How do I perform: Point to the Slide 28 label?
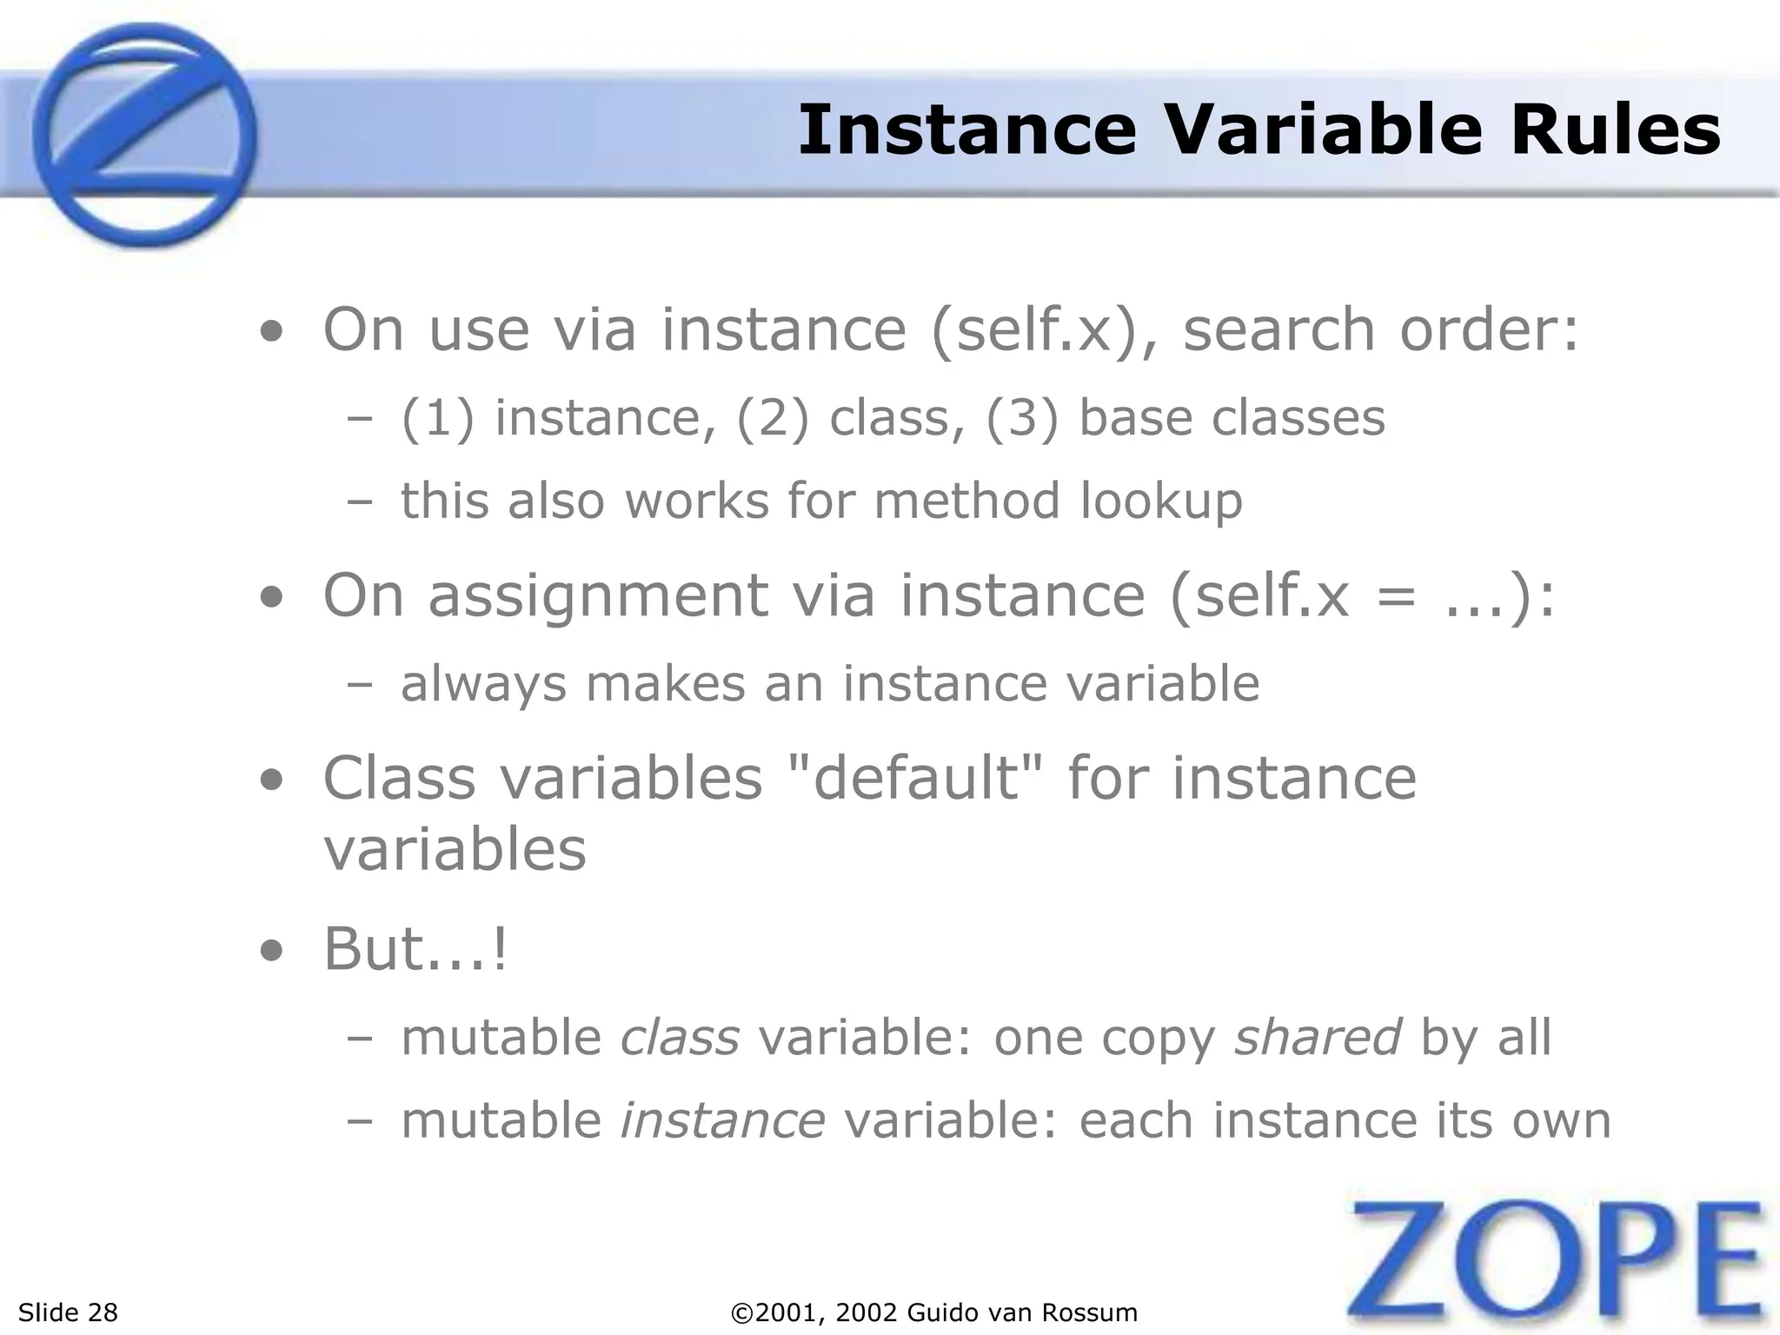[x=68, y=1312]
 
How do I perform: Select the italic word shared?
[x=1318, y=1037]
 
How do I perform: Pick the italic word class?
[x=680, y=1037]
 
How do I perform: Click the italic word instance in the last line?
[x=722, y=1120]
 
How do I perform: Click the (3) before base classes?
[x=1022, y=418]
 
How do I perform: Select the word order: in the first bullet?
[x=1488, y=330]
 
